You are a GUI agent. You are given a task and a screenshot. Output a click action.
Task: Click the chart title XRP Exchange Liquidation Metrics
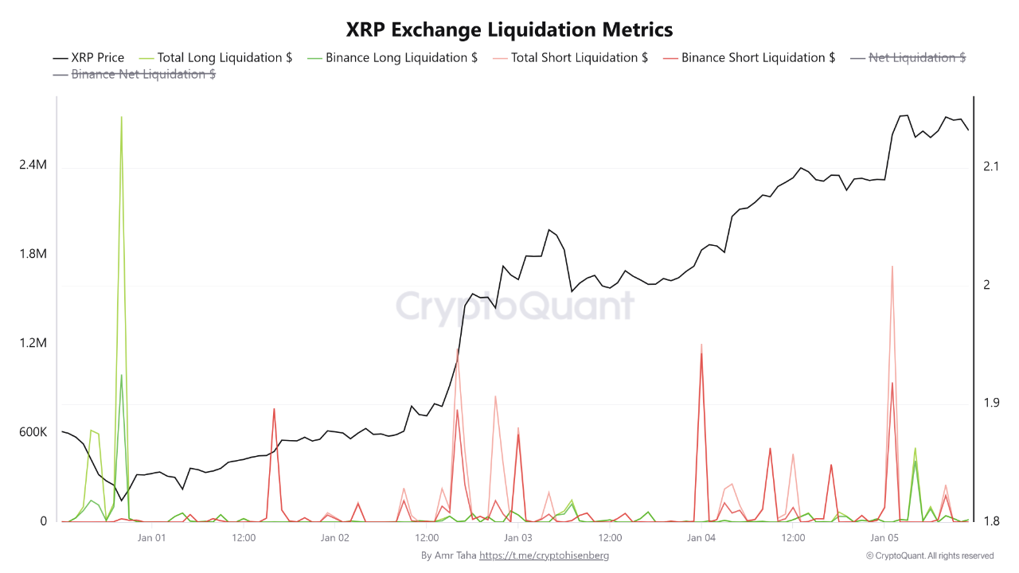tap(509, 29)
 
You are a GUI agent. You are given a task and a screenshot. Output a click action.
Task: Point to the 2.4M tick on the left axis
tap(33, 165)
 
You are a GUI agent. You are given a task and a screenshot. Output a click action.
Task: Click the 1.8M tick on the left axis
tap(33, 254)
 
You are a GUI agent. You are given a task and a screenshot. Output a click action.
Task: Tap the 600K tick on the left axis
tap(33, 432)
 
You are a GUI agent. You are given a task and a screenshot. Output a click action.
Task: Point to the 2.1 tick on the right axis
tap(991, 166)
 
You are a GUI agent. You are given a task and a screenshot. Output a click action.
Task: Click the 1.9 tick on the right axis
tap(991, 403)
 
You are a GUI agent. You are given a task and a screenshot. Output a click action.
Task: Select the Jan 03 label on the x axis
tap(518, 538)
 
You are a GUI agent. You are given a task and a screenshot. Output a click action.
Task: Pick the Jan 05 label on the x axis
tap(884, 538)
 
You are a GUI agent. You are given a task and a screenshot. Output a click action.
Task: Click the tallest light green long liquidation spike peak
tap(121, 117)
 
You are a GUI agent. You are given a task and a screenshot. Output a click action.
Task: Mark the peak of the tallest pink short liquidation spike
tap(892, 267)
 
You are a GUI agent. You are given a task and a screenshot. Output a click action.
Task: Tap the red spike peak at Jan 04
tap(701, 353)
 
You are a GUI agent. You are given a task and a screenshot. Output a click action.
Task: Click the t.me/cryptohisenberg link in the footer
tap(544, 555)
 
